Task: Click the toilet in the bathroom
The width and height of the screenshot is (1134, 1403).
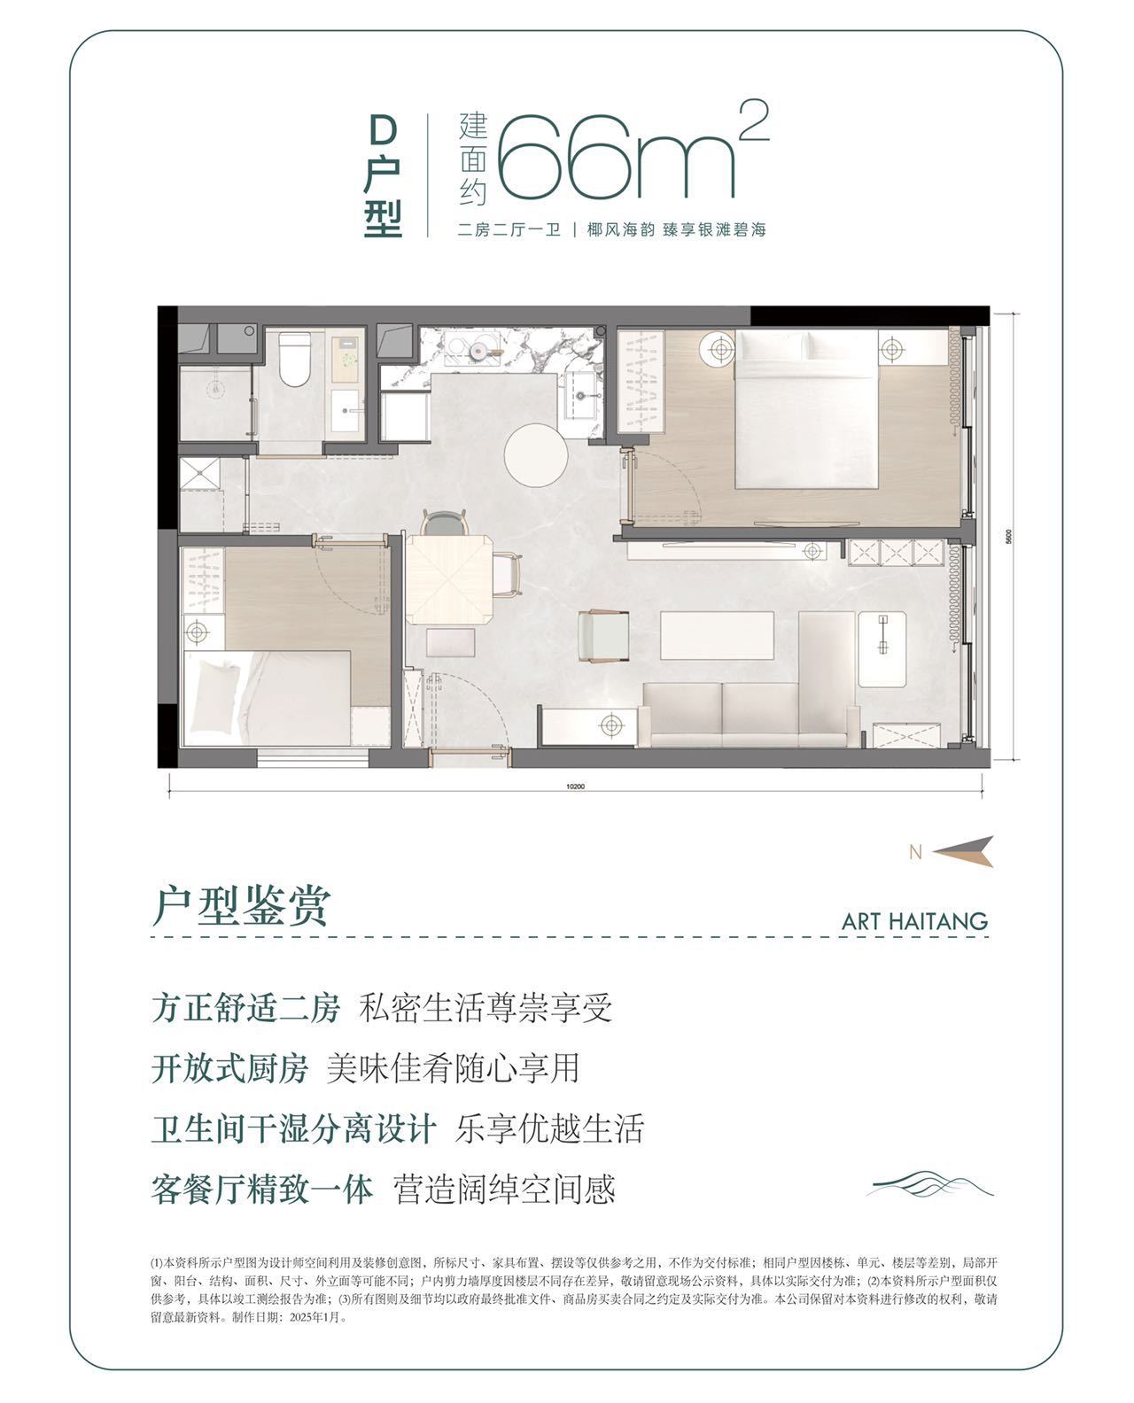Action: [294, 359]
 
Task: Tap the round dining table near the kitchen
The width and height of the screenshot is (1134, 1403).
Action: [536, 455]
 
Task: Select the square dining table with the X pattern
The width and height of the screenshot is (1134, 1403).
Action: [448, 579]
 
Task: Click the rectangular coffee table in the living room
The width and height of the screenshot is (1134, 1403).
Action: [717, 635]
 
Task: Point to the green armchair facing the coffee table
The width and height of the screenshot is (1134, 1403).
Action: [603, 636]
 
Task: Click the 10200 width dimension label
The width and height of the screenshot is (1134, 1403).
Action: [575, 786]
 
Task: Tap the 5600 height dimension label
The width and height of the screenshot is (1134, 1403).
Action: [1008, 537]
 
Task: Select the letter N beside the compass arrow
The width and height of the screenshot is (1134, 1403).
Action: [915, 852]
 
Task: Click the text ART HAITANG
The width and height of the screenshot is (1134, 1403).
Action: [914, 921]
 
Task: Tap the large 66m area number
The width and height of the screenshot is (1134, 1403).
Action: [616, 157]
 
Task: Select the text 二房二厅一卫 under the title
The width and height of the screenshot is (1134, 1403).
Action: [508, 230]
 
